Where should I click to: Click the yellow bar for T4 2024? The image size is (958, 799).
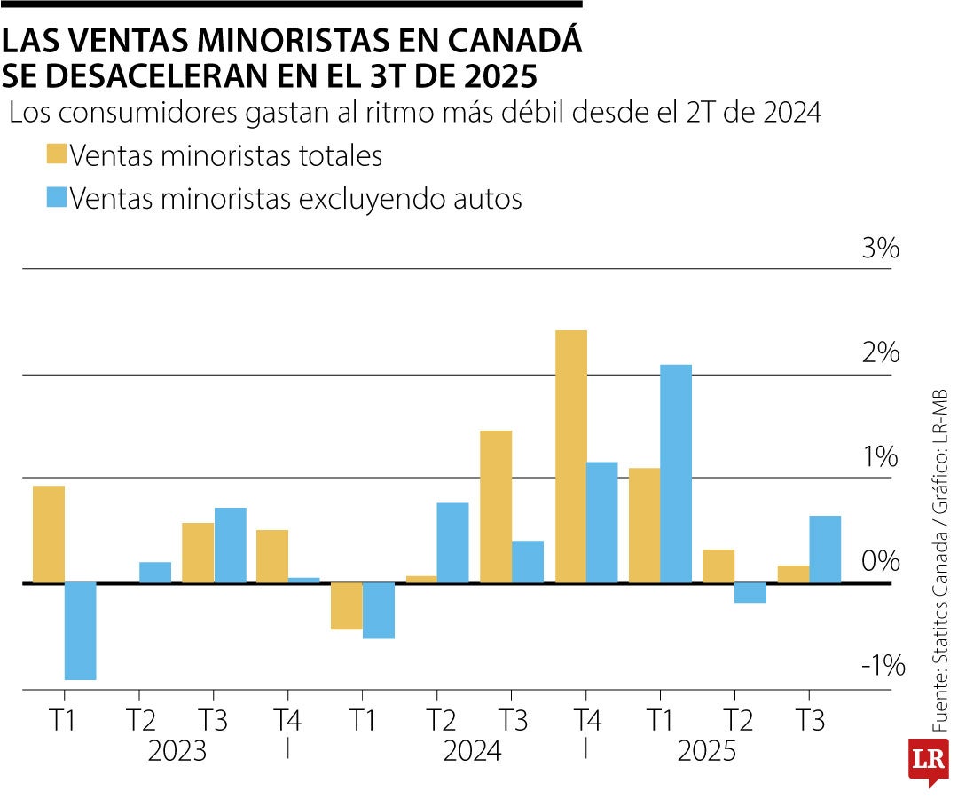[x=570, y=456]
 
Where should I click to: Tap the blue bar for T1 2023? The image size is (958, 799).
[x=80, y=631]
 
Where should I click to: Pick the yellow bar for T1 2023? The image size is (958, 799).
[x=49, y=534]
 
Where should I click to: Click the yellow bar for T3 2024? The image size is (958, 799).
[x=496, y=506]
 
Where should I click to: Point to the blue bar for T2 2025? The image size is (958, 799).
[x=750, y=593]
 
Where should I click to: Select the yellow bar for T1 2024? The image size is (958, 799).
[x=347, y=606]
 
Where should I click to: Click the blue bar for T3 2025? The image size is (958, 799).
[x=825, y=550]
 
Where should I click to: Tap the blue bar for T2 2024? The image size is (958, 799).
[x=452, y=542]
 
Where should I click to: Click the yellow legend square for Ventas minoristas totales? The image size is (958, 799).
[x=56, y=155]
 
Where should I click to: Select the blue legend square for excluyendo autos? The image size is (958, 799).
[x=56, y=197]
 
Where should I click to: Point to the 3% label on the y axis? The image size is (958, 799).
[x=880, y=249]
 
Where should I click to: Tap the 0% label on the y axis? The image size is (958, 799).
[x=880, y=561]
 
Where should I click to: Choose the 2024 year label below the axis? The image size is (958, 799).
[x=473, y=752]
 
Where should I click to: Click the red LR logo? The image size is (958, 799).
[x=928, y=761]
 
